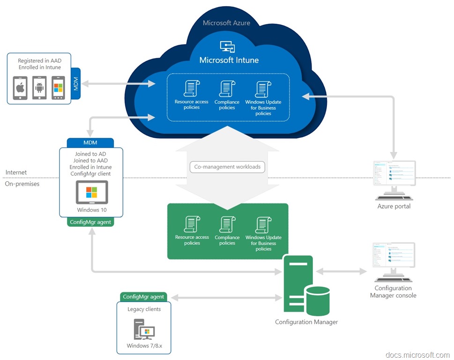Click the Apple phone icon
coord(20,88)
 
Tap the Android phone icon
coord(39,88)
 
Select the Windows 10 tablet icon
coord(92,192)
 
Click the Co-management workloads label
coord(227,167)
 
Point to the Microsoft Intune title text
coord(229,60)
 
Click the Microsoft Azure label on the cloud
coord(226,23)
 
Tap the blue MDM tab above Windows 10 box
coord(90,142)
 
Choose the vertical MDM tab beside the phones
coord(75,84)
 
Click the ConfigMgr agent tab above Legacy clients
coord(143,297)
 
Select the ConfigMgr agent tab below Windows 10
coord(90,222)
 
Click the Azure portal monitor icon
coord(394,180)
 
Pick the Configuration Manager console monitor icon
coord(394,262)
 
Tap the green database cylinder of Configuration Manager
coord(318,301)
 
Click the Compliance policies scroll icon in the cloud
coord(227,89)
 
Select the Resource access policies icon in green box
coord(192,224)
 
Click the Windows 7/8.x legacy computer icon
coord(144,329)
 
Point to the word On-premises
coord(22,184)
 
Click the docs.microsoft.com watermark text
coord(417,355)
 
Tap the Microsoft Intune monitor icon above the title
coord(228,46)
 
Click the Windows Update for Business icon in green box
coord(263,225)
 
